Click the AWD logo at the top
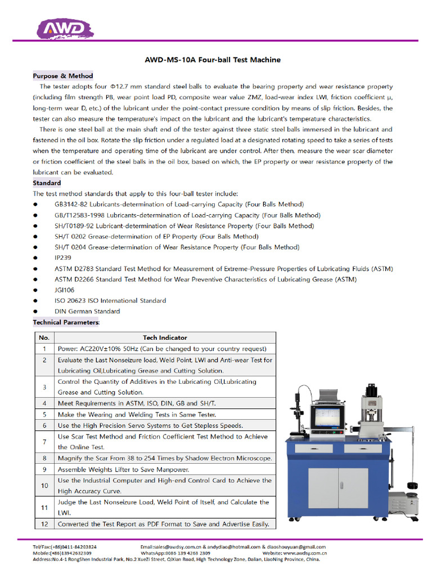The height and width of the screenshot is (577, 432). tap(63, 28)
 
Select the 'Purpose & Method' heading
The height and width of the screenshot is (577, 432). tap(63, 76)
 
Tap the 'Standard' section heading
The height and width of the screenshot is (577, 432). tap(47, 183)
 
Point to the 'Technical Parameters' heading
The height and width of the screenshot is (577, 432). tap(66, 322)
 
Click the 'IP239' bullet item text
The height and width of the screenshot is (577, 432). tap(63, 258)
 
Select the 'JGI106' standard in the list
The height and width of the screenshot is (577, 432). tap(64, 290)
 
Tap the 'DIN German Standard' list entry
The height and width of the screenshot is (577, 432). tap(87, 311)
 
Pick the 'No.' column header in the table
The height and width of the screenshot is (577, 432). tap(44, 338)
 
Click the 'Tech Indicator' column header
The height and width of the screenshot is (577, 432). tap(165, 338)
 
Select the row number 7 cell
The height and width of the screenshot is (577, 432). tap(44, 442)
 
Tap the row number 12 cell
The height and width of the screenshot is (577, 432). tap(44, 524)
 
